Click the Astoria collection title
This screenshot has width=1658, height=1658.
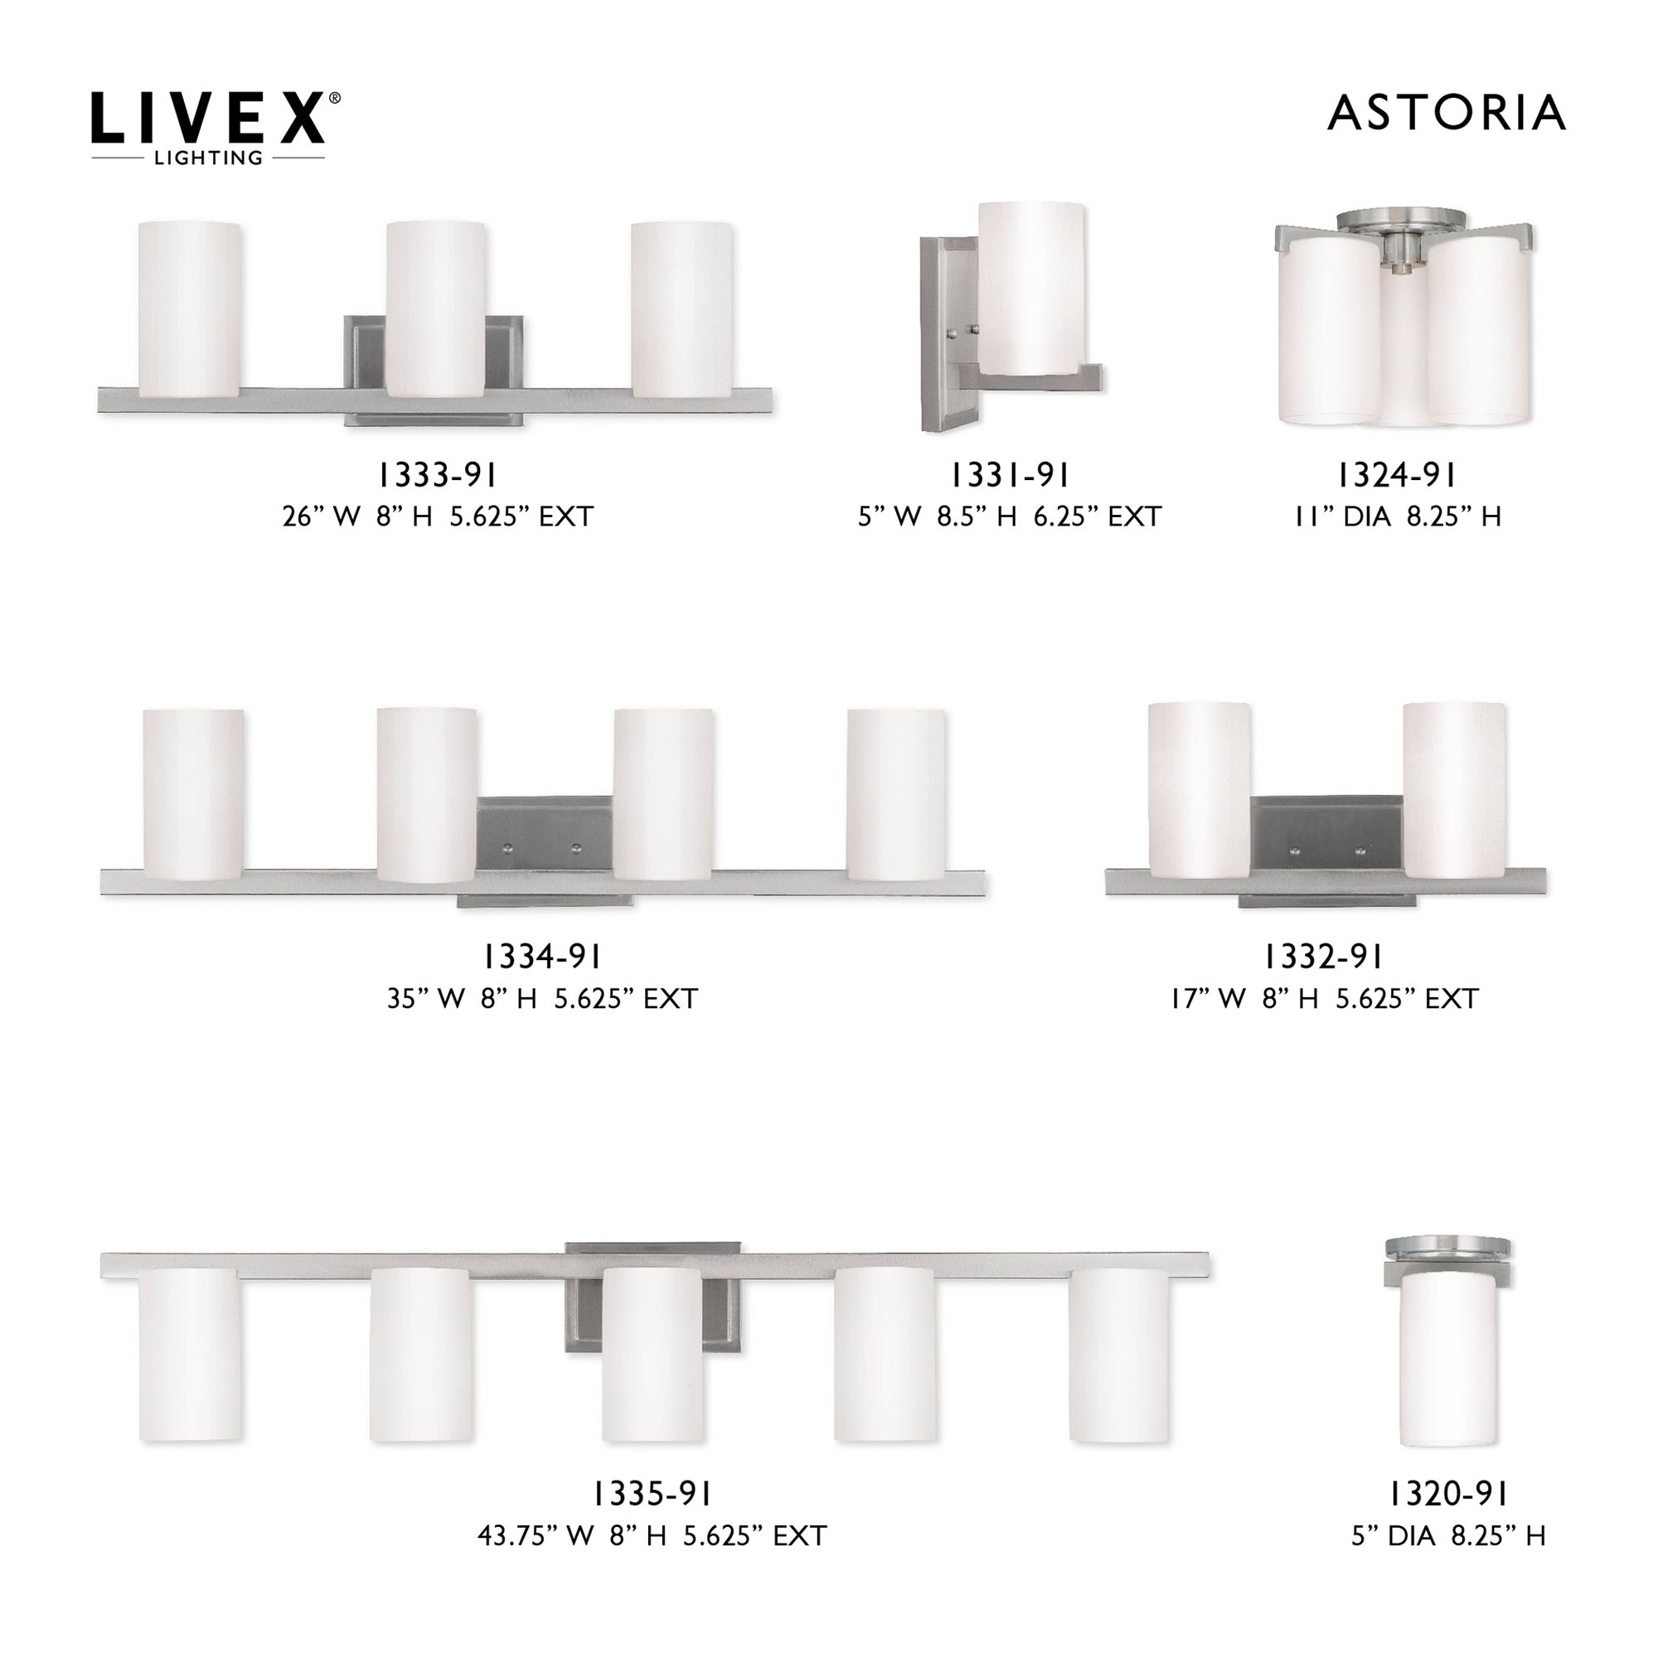(1446, 114)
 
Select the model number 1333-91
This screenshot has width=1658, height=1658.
(438, 475)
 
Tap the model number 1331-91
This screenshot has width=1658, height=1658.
(1009, 475)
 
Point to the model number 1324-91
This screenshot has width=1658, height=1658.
(1396, 475)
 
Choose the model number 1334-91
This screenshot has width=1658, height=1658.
(541, 956)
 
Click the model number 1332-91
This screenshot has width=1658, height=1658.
(1323, 956)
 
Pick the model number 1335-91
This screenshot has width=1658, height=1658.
(652, 1494)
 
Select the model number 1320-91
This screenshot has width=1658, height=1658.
(1447, 1494)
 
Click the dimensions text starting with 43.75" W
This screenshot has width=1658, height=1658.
(652, 1535)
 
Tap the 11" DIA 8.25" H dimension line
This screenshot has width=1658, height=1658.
(1398, 516)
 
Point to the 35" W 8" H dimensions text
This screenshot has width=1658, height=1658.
(542, 998)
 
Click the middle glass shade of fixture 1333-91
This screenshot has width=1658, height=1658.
(436, 309)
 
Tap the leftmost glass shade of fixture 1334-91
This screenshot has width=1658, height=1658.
(193, 794)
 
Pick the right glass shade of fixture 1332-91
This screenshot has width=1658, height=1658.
(1454, 789)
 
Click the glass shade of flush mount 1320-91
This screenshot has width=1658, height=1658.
(1448, 1356)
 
